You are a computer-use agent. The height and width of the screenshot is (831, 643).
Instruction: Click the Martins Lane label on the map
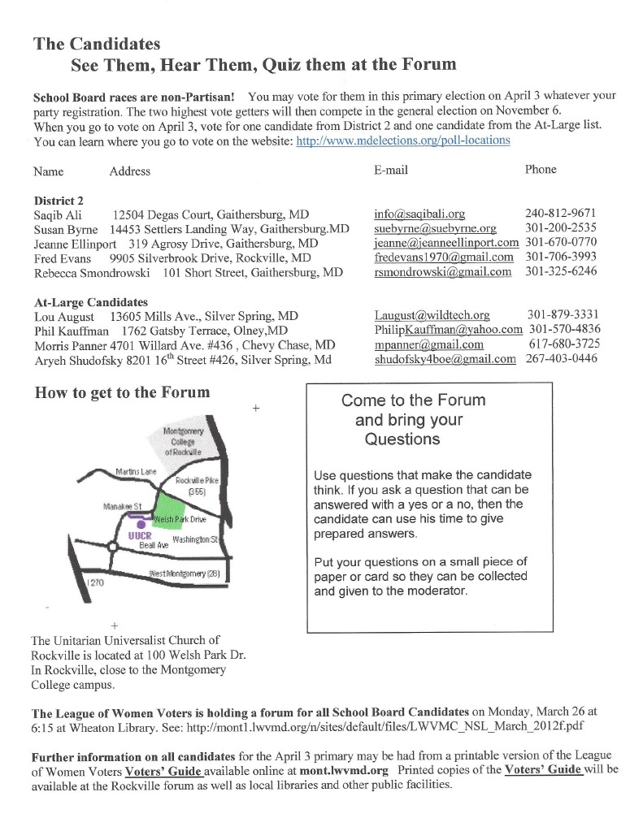point(137,471)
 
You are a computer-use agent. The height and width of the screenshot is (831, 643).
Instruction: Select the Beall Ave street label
point(153,546)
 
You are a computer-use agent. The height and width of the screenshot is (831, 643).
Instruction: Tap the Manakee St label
point(123,506)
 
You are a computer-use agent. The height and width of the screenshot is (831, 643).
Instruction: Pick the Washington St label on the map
point(196,539)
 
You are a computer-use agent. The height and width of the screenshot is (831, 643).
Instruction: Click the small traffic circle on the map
point(112,547)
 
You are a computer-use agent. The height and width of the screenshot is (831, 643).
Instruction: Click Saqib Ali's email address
point(419,214)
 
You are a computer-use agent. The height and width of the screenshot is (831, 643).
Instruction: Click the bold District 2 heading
point(59,200)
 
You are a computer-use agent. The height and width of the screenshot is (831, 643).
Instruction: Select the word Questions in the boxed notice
point(402,439)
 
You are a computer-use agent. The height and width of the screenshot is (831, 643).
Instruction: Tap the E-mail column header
point(391,170)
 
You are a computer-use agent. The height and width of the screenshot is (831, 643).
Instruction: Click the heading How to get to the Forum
point(122,392)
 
